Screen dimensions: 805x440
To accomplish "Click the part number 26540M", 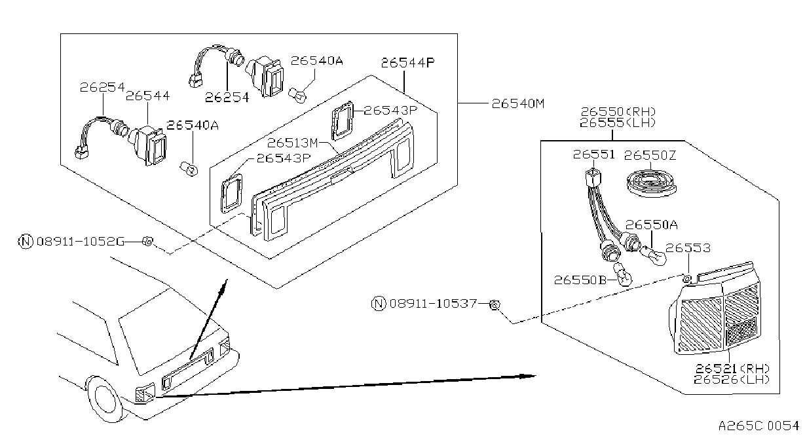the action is point(518,104).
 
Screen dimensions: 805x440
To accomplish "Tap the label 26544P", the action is point(407,63).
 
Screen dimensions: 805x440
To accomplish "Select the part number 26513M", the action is point(293,143).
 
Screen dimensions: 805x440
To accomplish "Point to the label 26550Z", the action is point(650,155).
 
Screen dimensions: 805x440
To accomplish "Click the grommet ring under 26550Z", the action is point(651,184).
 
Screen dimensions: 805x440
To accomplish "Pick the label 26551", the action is point(593,155).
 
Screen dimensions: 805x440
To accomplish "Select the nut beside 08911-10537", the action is point(495,305).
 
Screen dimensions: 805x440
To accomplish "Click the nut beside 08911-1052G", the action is point(147,241).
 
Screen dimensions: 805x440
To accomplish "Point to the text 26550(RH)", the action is point(618,112).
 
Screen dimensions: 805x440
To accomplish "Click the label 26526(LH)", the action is point(732,380).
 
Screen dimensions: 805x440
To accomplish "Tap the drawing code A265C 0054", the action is point(758,426).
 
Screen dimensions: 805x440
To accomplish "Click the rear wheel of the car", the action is point(104,399).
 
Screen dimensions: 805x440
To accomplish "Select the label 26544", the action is point(147,96).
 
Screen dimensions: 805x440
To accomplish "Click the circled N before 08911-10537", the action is point(379,304).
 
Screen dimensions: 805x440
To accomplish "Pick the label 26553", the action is point(688,248).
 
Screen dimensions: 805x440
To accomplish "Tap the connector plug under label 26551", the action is point(593,178).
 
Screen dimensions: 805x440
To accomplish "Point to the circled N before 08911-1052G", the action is point(26,242).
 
